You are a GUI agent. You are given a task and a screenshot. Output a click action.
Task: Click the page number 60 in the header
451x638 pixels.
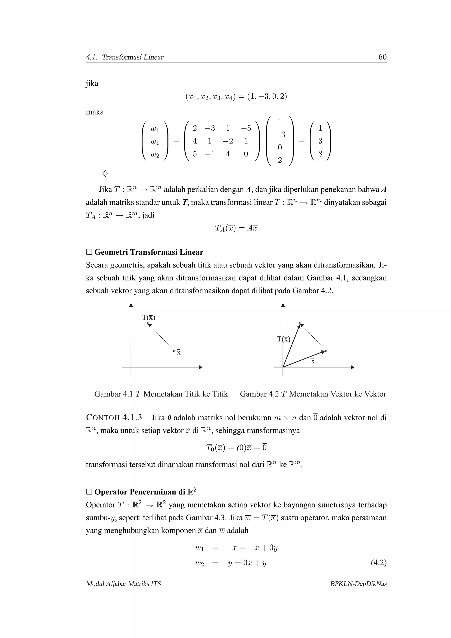tap(382, 57)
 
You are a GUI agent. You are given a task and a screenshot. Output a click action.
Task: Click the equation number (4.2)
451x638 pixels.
tap(379, 563)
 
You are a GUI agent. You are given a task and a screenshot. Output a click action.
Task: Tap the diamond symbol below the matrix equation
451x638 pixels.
tap(105, 174)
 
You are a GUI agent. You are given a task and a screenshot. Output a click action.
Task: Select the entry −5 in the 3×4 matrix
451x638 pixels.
tap(246, 128)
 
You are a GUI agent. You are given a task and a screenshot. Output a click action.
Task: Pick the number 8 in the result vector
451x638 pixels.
tap(320, 154)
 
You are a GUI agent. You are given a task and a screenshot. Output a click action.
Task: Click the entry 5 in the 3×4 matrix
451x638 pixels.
tap(195, 154)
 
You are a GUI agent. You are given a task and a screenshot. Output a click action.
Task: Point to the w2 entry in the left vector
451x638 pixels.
tap(155, 155)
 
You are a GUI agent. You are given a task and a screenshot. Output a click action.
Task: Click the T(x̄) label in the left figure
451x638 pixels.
tap(149, 317)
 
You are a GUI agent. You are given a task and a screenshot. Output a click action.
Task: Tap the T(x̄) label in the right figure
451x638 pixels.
tap(284, 339)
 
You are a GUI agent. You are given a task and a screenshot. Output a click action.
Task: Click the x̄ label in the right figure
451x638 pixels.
tap(313, 361)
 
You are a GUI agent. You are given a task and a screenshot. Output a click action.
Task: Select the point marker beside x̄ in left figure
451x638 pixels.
tap(174, 351)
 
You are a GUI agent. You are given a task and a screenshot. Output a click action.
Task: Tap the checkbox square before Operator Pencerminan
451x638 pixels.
tap(89, 492)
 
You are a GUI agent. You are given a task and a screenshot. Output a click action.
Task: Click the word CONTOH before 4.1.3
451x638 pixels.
tap(103, 418)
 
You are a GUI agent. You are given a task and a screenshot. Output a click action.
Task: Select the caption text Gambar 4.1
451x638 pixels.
tap(113, 394)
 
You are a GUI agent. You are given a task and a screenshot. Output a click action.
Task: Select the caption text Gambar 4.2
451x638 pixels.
tap(259, 394)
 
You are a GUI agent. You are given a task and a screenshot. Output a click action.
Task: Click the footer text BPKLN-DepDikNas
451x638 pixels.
tap(358, 584)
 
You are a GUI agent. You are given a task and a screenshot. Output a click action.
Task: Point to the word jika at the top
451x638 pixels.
tap(92, 83)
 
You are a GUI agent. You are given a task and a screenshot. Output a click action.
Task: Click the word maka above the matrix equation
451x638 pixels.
tap(95, 112)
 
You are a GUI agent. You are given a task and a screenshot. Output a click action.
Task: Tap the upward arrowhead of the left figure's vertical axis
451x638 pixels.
tap(131, 305)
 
